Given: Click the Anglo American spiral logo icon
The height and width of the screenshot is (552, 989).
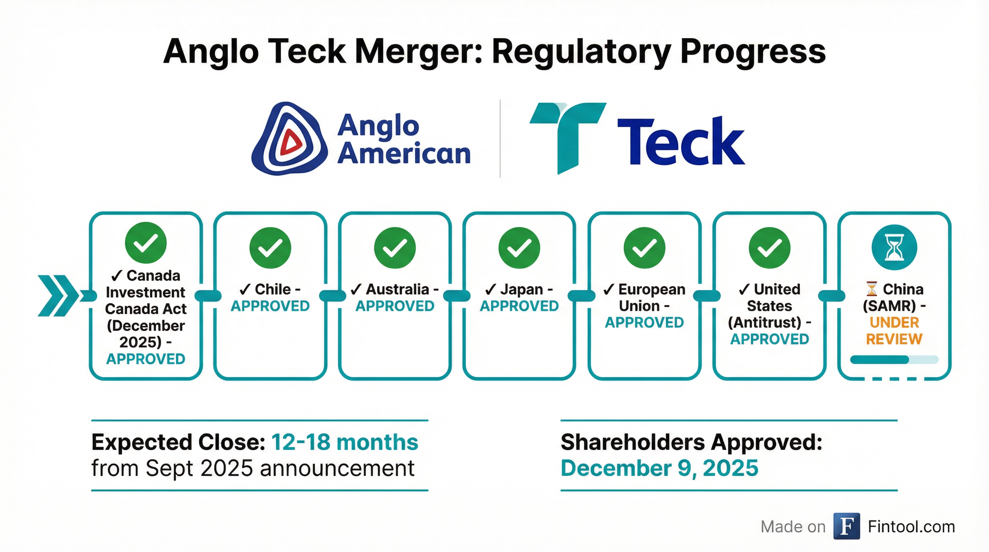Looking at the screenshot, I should point(290,139).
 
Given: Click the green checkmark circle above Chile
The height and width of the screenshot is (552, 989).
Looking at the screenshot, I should point(270,248).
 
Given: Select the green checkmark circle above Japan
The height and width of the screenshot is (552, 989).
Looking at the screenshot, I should point(519,248).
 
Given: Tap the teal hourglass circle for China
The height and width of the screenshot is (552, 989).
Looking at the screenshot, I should point(894,248).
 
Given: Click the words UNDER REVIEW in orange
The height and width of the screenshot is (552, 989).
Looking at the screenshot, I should point(894,331).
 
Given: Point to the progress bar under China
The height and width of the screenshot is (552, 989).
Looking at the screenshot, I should point(894,360).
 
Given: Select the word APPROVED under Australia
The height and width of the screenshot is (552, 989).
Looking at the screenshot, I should point(395,306).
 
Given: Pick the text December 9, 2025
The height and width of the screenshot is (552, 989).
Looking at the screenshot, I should point(659,468).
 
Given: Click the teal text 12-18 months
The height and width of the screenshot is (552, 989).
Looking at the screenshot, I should point(345,442).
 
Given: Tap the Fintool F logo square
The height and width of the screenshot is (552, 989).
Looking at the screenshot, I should point(847,526).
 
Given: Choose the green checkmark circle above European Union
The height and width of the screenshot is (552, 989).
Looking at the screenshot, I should point(644,248).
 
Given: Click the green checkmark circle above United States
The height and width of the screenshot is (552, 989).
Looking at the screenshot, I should point(769,248).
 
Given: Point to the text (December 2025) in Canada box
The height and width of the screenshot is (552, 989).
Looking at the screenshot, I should point(146,334).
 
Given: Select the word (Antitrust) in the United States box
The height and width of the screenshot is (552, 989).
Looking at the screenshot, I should point(764,322).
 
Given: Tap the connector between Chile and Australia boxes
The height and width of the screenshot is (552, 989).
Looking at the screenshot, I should point(332,295).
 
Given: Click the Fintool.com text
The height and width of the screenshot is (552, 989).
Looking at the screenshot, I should point(911,527).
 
